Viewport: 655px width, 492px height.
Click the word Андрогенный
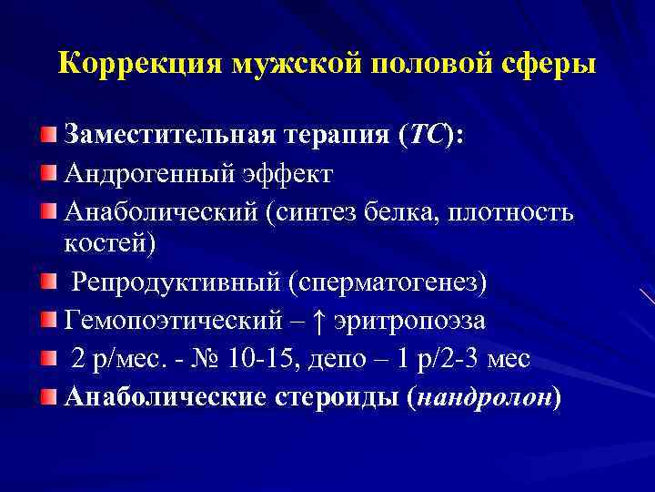coord(143,174)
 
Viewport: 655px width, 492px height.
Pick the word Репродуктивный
coord(176,282)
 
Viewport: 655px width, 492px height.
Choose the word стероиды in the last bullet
coord(336,398)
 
